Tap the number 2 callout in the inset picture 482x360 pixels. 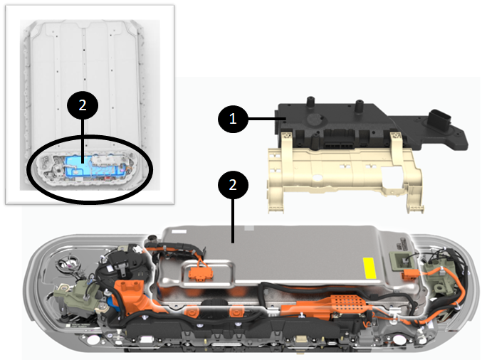83,105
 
